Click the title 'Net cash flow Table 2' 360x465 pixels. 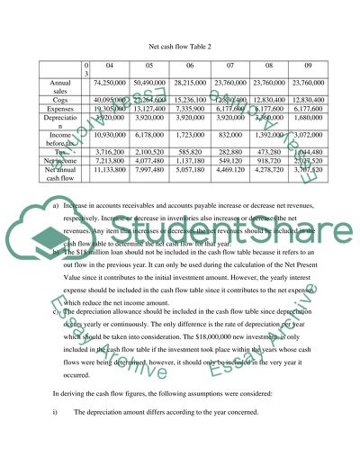(179, 42)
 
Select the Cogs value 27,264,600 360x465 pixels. (157, 100)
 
